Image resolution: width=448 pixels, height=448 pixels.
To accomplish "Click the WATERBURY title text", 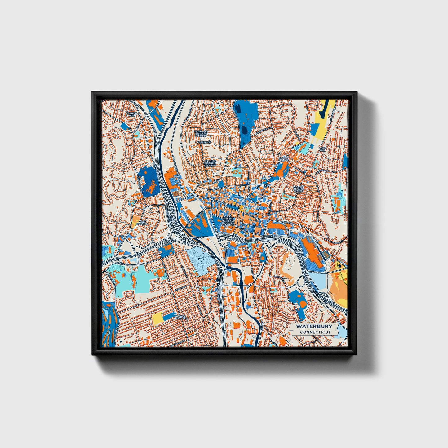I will (x=314, y=326).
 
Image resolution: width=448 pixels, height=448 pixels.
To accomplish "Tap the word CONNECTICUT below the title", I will (x=315, y=332).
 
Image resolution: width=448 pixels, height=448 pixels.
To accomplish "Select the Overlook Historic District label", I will (x=201, y=134).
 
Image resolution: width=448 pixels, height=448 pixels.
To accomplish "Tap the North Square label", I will (x=284, y=159).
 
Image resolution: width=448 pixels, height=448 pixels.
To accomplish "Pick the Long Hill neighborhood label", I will (x=323, y=149).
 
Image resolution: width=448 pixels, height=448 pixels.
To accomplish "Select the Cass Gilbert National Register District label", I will (x=228, y=220).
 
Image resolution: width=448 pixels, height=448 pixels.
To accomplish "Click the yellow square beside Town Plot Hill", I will (x=157, y=317).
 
